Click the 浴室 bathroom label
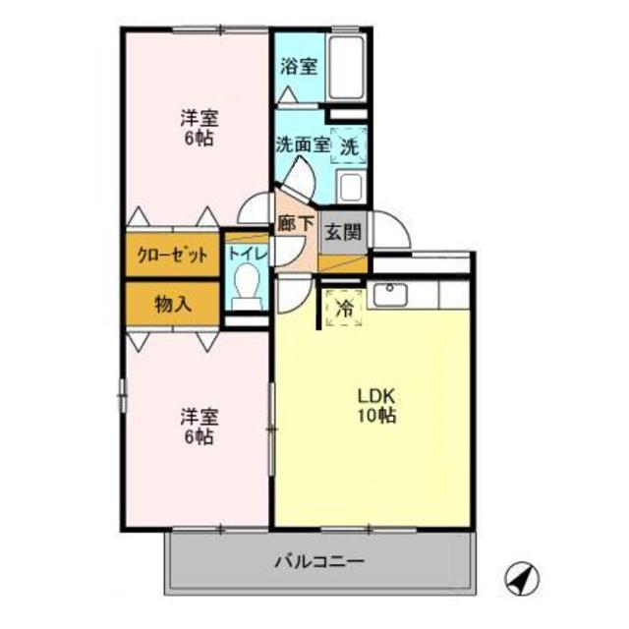tap(298, 67)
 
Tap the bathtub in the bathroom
tap(346, 68)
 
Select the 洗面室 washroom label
tap(302, 144)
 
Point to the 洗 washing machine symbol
tap(349, 146)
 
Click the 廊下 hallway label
tap(296, 223)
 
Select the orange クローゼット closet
tap(171, 254)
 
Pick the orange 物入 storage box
tap(171, 304)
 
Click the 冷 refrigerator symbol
tap(344, 308)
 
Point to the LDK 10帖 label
tap(375, 406)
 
